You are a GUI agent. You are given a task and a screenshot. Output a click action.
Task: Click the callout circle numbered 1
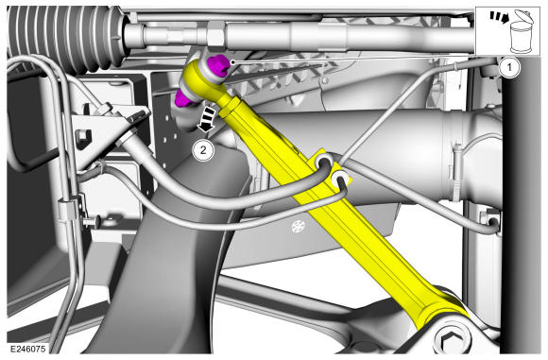pos(509,67)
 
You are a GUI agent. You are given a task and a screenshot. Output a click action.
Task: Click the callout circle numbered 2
pos(203,150)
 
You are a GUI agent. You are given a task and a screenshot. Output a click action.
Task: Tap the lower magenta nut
pos(184,98)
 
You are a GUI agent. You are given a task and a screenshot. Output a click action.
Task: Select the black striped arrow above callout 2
pos(207,120)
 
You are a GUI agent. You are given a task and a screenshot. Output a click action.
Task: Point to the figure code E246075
pos(27,349)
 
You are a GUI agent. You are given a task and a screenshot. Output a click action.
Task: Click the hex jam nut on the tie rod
pos(215,34)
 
